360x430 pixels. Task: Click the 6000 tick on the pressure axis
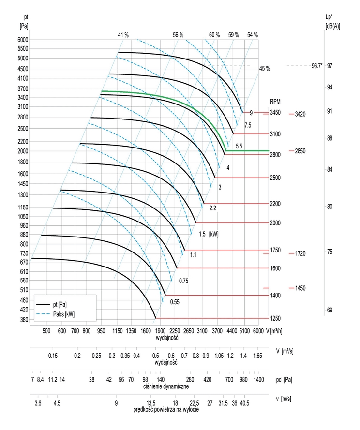pos(22,40)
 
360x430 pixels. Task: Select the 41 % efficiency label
pos(123,35)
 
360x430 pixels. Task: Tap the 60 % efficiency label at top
pos(214,35)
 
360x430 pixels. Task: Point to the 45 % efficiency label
pos(265,69)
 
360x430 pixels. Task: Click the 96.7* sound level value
pos(317,65)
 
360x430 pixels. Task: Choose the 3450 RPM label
pos(275,112)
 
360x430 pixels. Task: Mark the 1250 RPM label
pos(275,318)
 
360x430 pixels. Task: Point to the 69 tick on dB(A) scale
pos(330,310)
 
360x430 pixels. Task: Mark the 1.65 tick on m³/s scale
pos(257,356)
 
